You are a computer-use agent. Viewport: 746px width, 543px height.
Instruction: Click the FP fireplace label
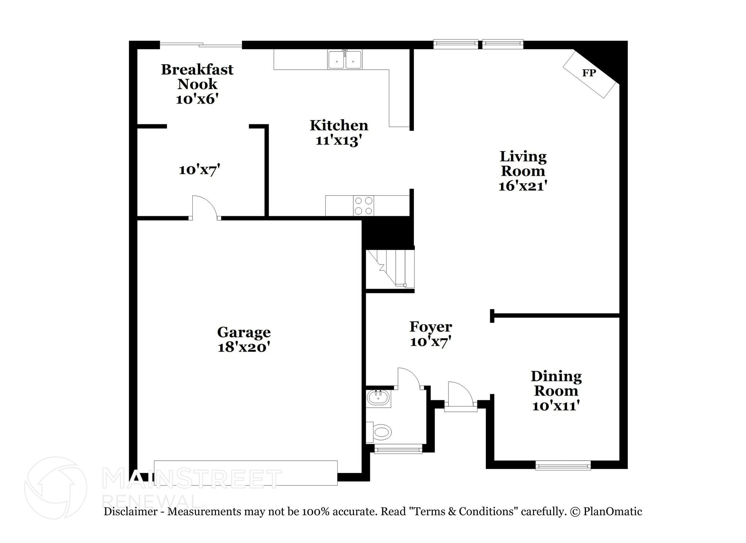(x=589, y=73)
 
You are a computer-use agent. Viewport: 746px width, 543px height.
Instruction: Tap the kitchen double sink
(x=345, y=60)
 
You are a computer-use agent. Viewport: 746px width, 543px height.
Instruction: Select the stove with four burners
(x=364, y=206)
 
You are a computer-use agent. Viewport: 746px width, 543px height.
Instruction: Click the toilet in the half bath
(x=381, y=433)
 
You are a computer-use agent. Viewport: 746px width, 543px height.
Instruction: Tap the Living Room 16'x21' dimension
(x=523, y=186)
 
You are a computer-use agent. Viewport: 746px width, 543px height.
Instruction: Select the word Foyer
(x=431, y=327)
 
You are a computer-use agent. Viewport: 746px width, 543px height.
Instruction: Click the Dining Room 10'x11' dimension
(x=556, y=406)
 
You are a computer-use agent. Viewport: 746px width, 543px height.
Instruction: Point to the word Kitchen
(x=339, y=125)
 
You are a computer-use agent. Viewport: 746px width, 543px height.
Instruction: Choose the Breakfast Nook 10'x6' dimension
(x=197, y=99)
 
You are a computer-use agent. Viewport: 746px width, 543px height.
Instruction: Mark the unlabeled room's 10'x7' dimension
(x=199, y=170)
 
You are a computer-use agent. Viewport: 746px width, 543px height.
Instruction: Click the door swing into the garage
(x=204, y=208)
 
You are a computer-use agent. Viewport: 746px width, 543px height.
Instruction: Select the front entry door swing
(x=460, y=394)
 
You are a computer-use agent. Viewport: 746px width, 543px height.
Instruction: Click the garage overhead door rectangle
(x=246, y=473)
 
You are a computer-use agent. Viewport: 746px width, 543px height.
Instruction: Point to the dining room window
(x=563, y=466)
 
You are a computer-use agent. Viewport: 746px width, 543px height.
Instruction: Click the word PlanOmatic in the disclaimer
(x=612, y=512)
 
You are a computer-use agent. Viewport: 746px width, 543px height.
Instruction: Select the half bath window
(x=398, y=449)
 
